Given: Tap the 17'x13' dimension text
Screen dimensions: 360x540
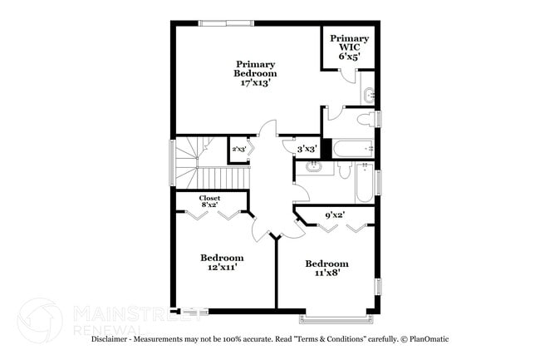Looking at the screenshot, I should pos(256,82).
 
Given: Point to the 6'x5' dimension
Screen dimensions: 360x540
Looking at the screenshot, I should pos(349,57).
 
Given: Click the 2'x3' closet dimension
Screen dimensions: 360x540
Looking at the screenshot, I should pos(238,150).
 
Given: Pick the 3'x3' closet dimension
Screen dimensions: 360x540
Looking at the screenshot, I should pos(307,149).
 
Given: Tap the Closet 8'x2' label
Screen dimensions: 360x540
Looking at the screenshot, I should pos(209,201).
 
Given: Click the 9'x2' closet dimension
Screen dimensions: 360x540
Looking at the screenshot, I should pos(335,215).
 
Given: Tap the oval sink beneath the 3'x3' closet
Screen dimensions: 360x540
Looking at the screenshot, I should pos(314,167).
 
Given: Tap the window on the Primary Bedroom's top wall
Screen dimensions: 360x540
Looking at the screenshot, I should pos(226,23).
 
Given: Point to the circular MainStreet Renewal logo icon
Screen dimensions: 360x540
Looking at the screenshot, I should pos(38,320).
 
